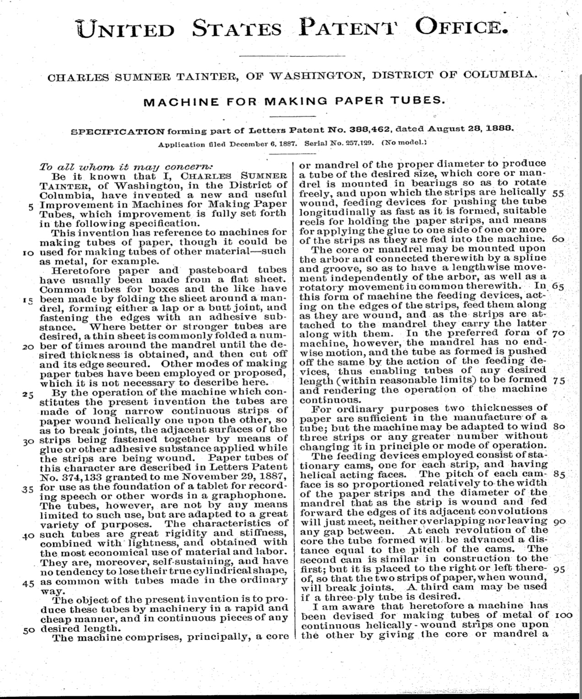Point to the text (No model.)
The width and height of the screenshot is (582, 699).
tap(404, 143)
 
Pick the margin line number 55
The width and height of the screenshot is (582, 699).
tap(558, 193)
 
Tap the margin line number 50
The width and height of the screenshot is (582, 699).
tap(29, 630)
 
